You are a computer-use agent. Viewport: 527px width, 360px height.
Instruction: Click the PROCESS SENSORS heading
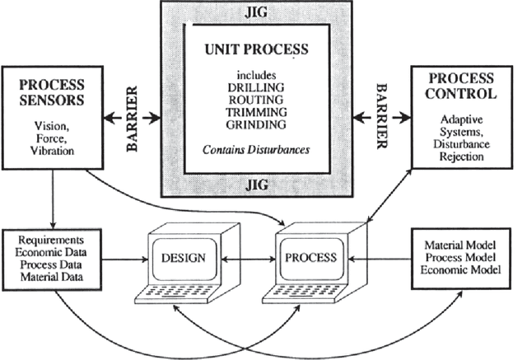[54, 91]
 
